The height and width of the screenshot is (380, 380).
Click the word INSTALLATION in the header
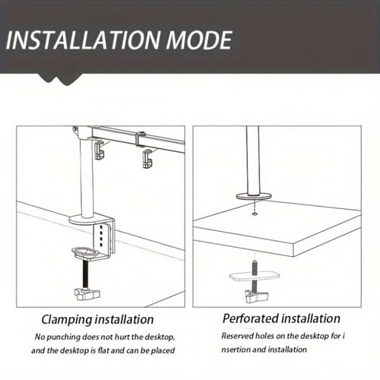83,40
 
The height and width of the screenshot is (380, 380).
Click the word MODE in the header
198,40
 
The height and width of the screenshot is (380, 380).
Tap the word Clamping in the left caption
67,320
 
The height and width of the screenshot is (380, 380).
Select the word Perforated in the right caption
249,318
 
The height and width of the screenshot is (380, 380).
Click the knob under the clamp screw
87,294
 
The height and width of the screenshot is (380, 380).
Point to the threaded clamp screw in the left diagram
86,274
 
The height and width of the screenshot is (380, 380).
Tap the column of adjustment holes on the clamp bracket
101,235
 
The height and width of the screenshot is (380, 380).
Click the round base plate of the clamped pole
85,220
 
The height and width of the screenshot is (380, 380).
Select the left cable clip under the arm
100,150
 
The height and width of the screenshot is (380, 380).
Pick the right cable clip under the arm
147,159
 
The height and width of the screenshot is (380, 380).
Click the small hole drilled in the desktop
255,214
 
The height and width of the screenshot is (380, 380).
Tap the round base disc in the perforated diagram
254,196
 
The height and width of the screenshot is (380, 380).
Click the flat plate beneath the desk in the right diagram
255,276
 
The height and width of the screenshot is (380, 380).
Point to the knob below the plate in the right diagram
256,296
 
